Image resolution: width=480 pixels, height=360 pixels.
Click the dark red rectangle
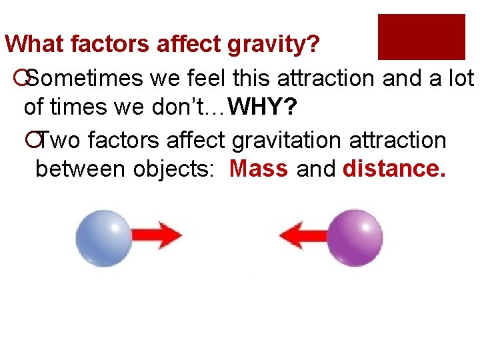click(x=421, y=37)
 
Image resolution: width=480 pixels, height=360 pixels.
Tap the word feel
click(x=203, y=79)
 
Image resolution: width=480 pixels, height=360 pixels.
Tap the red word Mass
click(x=259, y=169)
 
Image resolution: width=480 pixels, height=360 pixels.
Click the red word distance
click(x=394, y=169)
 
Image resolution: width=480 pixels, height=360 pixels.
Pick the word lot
click(x=460, y=79)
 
